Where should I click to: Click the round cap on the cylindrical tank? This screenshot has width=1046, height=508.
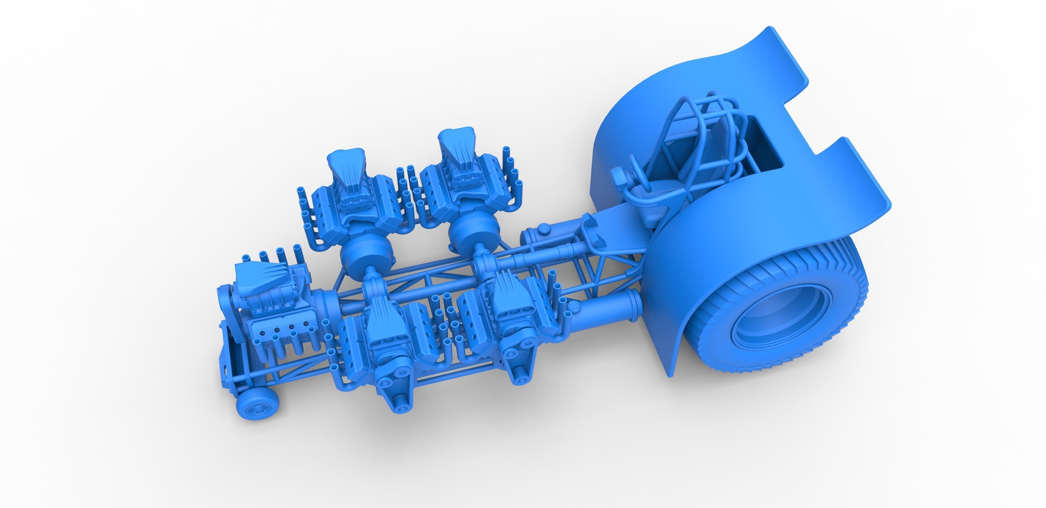pos(543,231)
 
